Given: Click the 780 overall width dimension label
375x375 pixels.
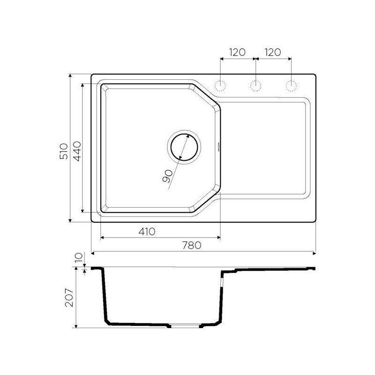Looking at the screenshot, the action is (192, 245).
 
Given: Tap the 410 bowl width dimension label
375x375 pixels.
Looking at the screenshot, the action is (147, 232).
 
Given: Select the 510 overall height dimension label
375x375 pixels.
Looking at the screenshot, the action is (64, 151).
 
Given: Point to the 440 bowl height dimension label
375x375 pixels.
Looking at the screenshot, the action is (77, 151).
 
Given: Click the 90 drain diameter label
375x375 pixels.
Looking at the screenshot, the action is (167, 176).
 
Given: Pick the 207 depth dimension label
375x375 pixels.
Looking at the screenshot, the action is (69, 298).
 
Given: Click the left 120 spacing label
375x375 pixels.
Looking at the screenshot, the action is (237, 52).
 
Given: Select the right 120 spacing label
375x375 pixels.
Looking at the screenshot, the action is (273, 52).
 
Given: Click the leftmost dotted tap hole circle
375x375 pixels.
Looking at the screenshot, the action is (220, 86).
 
